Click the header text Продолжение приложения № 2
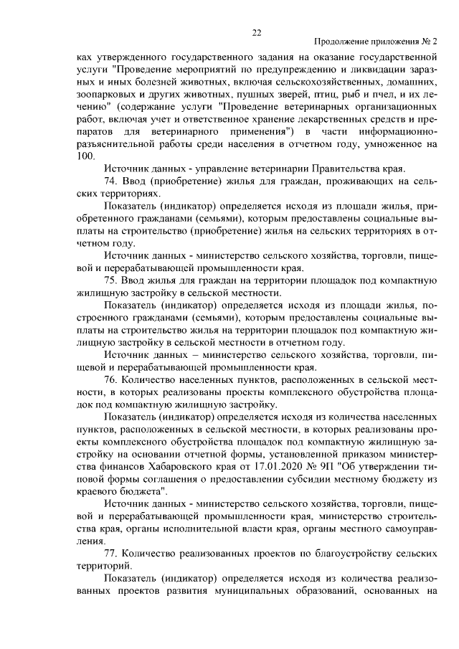376,44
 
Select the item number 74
111,182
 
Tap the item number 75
111,279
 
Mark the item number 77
111,553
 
